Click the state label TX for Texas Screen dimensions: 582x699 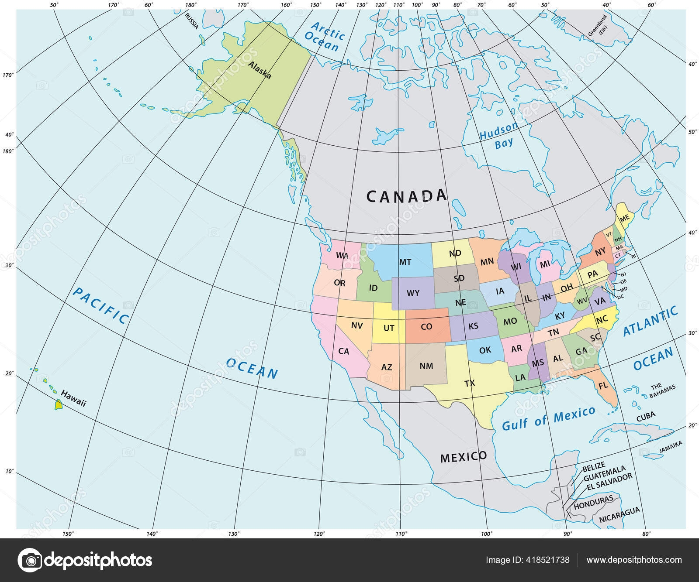coord(469,383)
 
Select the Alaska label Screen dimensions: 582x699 coord(260,70)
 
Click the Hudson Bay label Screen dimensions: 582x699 coord(500,136)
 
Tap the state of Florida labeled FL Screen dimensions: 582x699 coord(603,386)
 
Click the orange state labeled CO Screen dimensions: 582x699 coord(426,326)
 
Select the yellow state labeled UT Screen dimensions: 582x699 coord(389,328)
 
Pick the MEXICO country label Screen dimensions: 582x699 coord(463,457)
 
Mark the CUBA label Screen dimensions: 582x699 coord(645,416)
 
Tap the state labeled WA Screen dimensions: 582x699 coord(342,255)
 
